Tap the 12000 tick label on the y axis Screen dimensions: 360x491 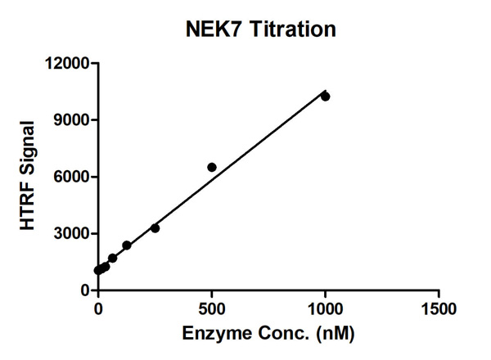[66, 63]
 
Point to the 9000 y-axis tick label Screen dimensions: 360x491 [70, 120]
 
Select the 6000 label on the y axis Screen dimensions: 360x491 [70, 177]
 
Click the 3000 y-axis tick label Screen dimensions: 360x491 [70, 234]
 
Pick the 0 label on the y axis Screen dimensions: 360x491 [84, 290]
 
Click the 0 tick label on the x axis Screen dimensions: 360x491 [98, 309]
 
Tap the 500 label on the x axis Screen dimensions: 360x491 [212, 309]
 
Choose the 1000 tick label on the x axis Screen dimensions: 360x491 [326, 309]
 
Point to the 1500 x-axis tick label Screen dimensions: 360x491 [439, 309]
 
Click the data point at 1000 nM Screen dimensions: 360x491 [325, 97]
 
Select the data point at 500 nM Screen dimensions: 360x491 [212, 167]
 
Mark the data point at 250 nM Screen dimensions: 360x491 [155, 228]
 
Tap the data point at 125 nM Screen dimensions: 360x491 [127, 245]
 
